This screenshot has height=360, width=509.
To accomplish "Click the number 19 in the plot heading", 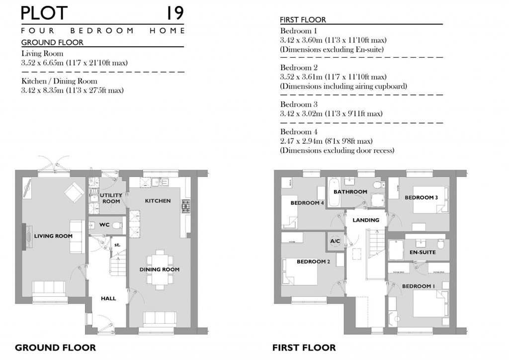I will coord(174,12).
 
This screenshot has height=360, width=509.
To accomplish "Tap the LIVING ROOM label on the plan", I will coord(53,236).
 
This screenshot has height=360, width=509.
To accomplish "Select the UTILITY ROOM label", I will coord(110,198).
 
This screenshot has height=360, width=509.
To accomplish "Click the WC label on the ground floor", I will coord(104,225).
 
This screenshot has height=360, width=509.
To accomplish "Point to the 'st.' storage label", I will coord(117,245).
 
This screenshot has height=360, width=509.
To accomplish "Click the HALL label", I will coord(108,298).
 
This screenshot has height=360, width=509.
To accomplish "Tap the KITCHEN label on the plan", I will coord(158,201).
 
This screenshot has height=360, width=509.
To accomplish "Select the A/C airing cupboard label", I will coord(335,241).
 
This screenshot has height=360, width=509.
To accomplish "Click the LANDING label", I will coord(366,220).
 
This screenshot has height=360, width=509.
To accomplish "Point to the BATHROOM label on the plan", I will coord(350,191).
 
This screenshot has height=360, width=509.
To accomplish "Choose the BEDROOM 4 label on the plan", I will coord(307,203).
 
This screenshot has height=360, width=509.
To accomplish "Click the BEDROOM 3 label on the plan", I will coord(421,197).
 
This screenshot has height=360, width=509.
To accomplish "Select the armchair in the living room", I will coord(73,192).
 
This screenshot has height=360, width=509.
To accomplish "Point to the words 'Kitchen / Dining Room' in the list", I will coord(60,81).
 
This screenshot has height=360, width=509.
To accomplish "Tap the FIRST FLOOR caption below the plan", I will coord(303,348).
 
